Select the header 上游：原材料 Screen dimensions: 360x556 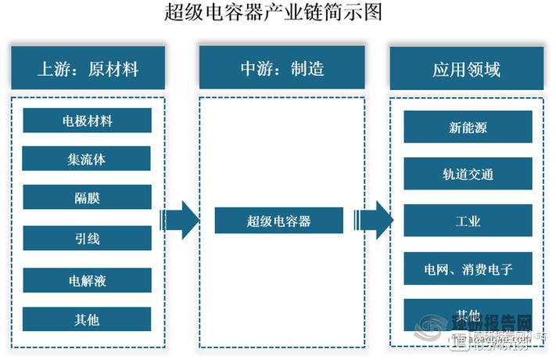coord(88,69)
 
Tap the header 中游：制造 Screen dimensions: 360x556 coord(282,69)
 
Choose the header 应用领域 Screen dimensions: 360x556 coord(467,69)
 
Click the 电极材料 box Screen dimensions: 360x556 coord(87,121)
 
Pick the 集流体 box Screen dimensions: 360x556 coord(87,159)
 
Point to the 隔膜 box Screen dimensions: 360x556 coord(87,197)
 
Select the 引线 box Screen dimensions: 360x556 coord(87,237)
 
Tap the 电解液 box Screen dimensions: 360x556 coord(87,279)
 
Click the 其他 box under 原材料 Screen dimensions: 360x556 coord(87,319)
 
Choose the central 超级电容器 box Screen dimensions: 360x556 coord(278,221)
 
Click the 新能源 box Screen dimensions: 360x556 coord(468,127)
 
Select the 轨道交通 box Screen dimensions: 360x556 coord(468,174)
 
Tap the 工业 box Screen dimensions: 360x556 coord(468,221)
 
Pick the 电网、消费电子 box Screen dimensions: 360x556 coord(468,269)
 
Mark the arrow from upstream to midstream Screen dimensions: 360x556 coord(180,220)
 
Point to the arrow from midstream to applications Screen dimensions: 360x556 coord(373,220)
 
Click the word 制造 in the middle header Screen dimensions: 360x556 coord(308,69)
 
